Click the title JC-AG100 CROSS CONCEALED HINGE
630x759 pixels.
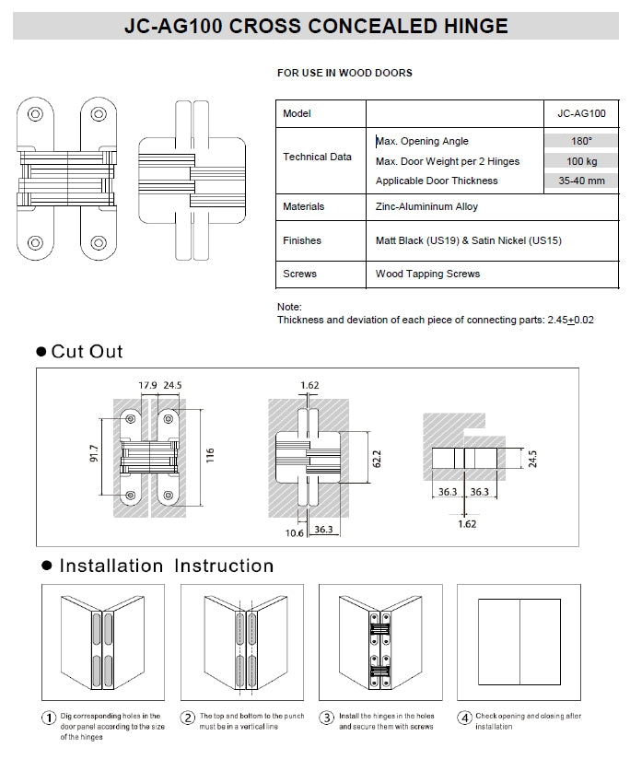(316, 26)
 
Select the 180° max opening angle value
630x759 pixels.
(581, 141)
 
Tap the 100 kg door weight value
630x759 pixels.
(581, 161)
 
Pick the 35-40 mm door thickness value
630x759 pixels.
(581, 181)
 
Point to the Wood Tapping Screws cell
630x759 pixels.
(427, 274)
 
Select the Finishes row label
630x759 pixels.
(302, 240)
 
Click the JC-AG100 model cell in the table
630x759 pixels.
(581, 113)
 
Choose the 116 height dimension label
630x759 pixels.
(209, 455)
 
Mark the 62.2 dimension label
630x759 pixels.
(377, 458)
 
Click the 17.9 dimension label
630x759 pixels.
(147, 386)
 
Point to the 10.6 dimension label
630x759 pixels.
(296, 531)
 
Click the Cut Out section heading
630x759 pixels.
(87, 351)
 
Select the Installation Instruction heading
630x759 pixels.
(166, 566)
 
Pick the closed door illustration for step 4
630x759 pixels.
(522, 641)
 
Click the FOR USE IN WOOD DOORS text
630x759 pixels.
(344, 72)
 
